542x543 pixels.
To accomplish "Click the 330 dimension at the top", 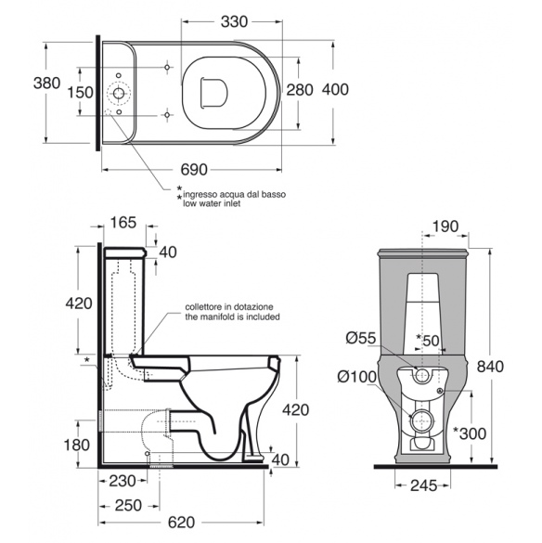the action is point(234,21).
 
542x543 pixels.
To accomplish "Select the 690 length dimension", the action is point(194,170).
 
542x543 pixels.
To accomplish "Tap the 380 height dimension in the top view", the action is point(46,84).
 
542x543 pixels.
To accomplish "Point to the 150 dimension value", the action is point(80,93).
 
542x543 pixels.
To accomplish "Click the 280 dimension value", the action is point(300,90).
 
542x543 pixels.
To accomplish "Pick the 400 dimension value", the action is point(335,89).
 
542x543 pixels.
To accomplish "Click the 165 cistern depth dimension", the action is point(123,223).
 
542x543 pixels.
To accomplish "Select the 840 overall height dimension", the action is point(490,367).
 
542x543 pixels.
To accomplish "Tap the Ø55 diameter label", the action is point(361,338).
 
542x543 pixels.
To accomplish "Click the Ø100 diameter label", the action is point(357,377).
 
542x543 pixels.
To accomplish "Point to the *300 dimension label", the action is point(470,433).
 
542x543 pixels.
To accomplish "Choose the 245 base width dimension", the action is point(424,485).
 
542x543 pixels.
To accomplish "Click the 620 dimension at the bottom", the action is point(182,523).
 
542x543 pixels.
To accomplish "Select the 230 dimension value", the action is point(123,481).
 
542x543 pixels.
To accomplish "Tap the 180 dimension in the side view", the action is point(76,445).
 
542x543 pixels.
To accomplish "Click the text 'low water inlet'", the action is point(212,203).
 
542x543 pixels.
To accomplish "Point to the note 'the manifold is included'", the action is point(232,317).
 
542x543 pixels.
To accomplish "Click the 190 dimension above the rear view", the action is point(445,226).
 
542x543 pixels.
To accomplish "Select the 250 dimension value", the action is point(128,505).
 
